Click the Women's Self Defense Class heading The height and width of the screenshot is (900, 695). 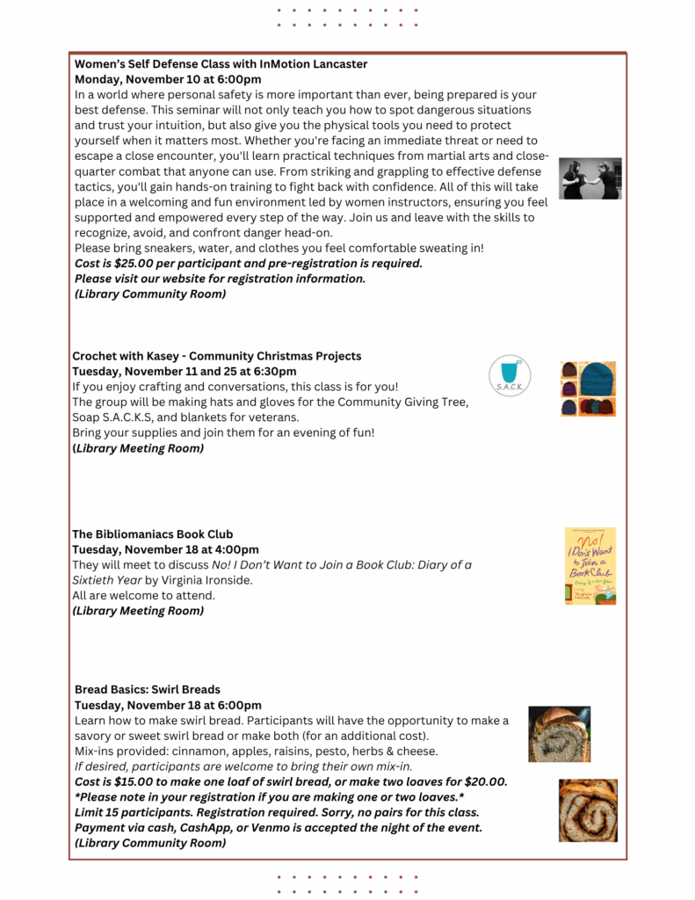click(x=221, y=64)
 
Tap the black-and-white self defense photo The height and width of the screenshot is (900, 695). click(x=590, y=178)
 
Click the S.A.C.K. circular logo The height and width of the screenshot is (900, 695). click(x=510, y=376)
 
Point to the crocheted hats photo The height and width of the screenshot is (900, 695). click(x=588, y=388)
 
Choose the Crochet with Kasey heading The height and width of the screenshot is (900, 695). click(x=216, y=356)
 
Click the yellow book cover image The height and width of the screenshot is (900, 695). click(x=590, y=566)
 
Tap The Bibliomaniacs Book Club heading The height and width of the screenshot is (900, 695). click(x=152, y=534)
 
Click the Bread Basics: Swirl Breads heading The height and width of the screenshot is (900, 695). click(x=148, y=690)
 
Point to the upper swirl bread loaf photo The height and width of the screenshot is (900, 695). click(x=559, y=733)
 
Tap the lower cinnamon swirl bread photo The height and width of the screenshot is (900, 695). click(x=588, y=810)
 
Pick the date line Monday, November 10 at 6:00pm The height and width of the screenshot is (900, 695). click(x=168, y=79)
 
